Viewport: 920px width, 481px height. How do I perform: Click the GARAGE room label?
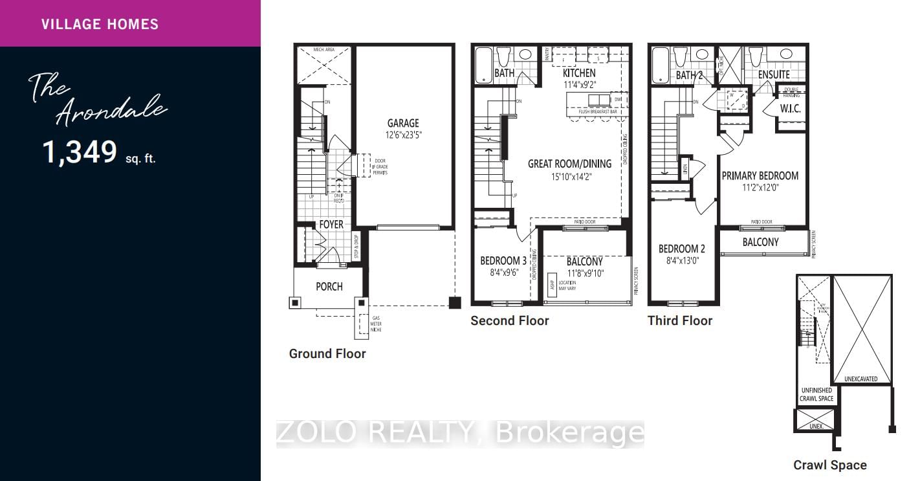point(403,123)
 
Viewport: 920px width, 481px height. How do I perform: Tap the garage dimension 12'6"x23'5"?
point(403,135)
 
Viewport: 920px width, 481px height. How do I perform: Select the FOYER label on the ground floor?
point(331,225)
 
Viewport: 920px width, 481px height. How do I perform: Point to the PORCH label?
point(329,286)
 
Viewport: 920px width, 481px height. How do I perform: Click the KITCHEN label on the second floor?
point(578,73)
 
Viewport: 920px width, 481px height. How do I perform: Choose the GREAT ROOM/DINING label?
point(566,164)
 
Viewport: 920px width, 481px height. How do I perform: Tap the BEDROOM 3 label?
point(503,261)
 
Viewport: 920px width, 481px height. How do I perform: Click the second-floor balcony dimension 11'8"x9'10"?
point(584,273)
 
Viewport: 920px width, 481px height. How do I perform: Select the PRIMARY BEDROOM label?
point(760,175)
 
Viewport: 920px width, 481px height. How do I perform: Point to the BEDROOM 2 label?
point(682,249)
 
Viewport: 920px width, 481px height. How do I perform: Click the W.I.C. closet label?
point(791,109)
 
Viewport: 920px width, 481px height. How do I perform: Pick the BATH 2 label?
point(689,75)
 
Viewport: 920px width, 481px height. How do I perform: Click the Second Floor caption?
point(509,320)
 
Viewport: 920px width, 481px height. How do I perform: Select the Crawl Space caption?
point(830,465)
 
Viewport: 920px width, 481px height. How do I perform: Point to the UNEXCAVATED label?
point(861,379)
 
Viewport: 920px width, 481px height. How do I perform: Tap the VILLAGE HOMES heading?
point(100,25)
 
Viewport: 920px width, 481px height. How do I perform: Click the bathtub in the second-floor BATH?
point(483,65)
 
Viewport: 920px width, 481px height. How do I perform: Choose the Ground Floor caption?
point(327,353)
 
